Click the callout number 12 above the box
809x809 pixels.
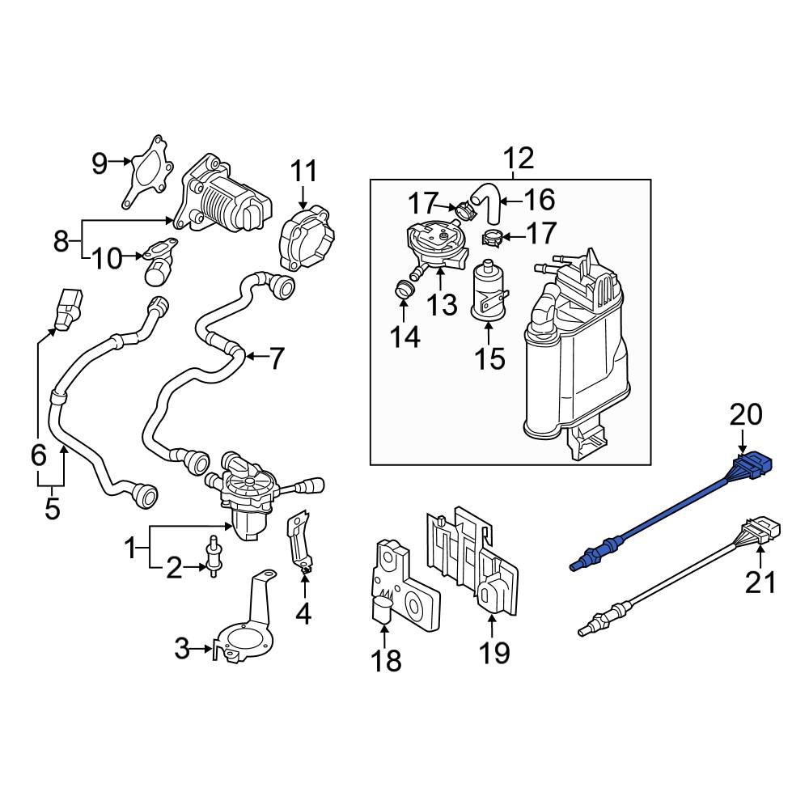pos(519,159)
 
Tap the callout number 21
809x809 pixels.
pos(760,582)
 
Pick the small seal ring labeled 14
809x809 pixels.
pos(403,287)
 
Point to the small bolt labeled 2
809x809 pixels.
pos(215,556)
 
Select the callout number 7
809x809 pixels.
pos(276,358)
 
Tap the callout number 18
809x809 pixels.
pos(387,660)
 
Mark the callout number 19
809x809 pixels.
pos(494,651)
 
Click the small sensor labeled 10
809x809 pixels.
pos(155,265)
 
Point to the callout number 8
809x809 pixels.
pos(62,240)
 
